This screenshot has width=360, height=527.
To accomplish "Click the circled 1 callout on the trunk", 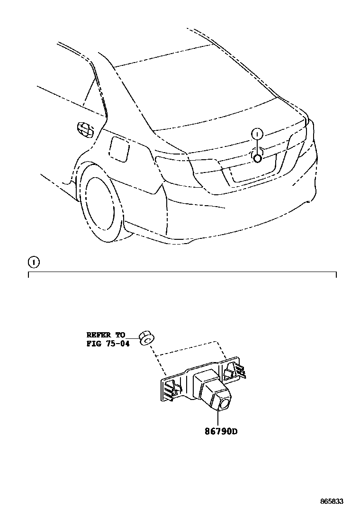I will (257, 134).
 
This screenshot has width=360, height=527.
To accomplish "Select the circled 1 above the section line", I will (34, 262).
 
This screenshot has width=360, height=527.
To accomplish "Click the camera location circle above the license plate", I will (257, 158).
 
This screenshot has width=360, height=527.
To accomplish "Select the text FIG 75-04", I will (108, 344).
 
